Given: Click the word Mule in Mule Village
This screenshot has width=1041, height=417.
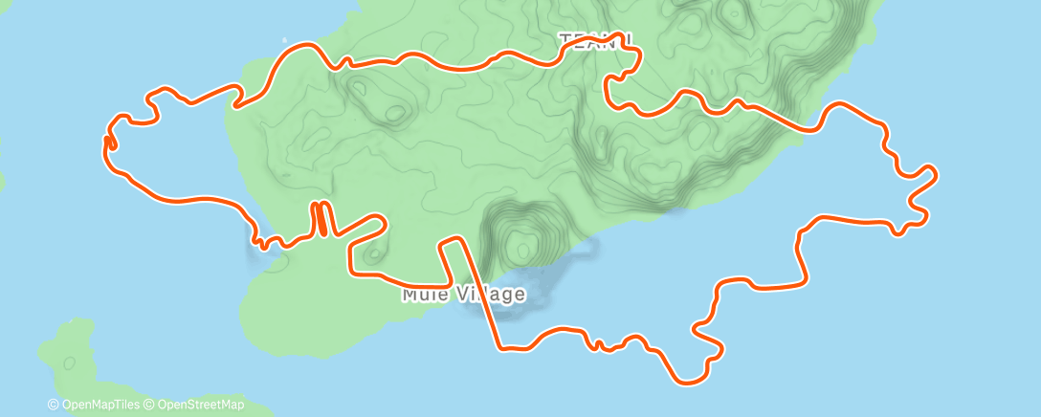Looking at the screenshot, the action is point(422,295).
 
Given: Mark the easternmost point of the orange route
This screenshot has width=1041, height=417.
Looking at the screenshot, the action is point(935,173).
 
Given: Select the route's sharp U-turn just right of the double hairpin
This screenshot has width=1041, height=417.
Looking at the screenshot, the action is point(383,222).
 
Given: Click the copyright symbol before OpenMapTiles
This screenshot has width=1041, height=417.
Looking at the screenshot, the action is point(54,406).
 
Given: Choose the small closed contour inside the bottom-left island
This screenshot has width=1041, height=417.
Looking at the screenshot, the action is point(69,363).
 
